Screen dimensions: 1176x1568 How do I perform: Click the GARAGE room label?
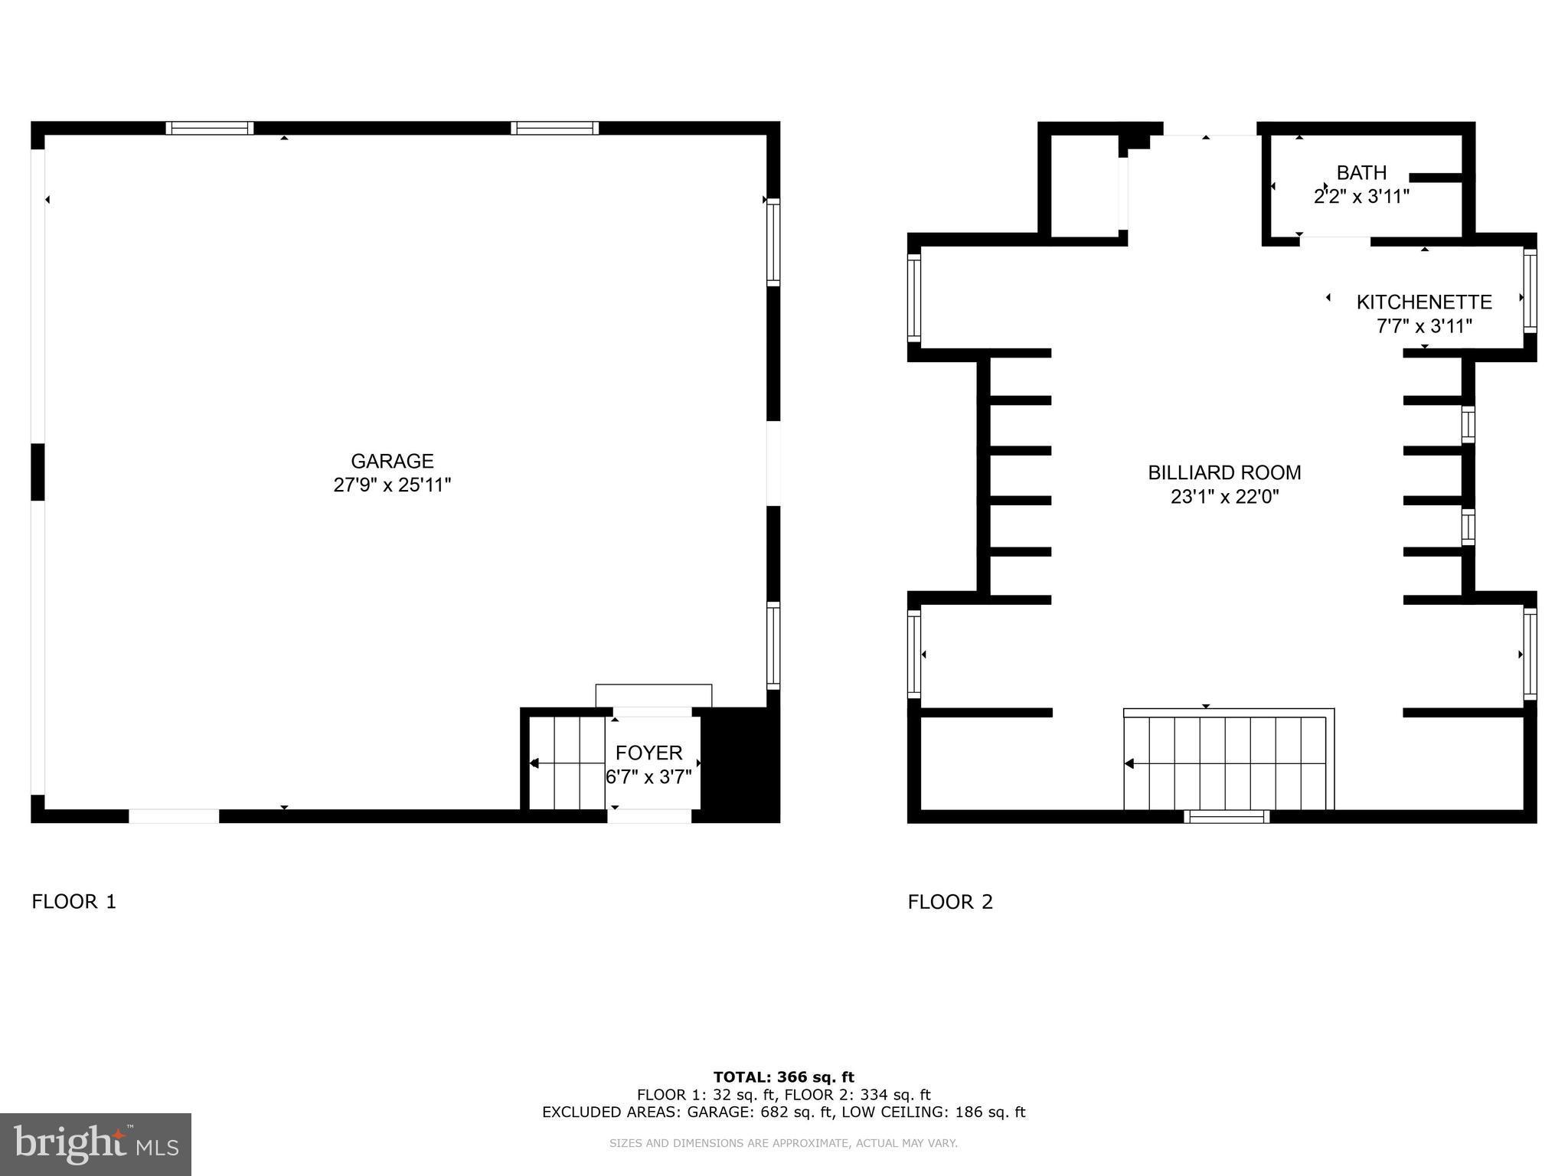click(x=392, y=461)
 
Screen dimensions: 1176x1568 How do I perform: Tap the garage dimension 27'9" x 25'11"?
click(x=392, y=485)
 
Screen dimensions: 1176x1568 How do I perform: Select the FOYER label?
click(x=648, y=753)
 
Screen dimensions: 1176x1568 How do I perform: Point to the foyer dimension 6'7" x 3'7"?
click(x=648, y=777)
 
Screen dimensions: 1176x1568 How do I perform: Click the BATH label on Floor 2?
click(x=1361, y=173)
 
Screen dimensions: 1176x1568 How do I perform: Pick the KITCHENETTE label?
click(x=1424, y=302)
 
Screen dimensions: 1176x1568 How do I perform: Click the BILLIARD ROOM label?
click(x=1224, y=472)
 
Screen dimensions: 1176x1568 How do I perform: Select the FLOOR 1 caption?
click(x=73, y=902)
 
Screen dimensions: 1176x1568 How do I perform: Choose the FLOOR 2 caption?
click(x=950, y=902)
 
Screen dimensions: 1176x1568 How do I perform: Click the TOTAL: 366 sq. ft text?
click(x=783, y=1077)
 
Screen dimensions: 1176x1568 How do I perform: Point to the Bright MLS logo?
click(x=96, y=1145)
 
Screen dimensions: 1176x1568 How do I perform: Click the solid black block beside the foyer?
click(x=739, y=763)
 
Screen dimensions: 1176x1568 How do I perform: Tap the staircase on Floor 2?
click(x=1227, y=763)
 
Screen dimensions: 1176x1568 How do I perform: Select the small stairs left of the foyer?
click(x=567, y=763)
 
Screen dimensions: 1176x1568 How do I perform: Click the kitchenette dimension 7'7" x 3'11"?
click(x=1424, y=327)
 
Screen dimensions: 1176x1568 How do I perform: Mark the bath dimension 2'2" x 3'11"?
click(x=1361, y=197)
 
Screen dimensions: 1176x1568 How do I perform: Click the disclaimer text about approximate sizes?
click(x=783, y=1144)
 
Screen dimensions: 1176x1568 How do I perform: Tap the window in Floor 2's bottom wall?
click(x=1227, y=817)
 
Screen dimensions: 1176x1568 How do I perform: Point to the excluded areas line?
click(x=783, y=1112)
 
